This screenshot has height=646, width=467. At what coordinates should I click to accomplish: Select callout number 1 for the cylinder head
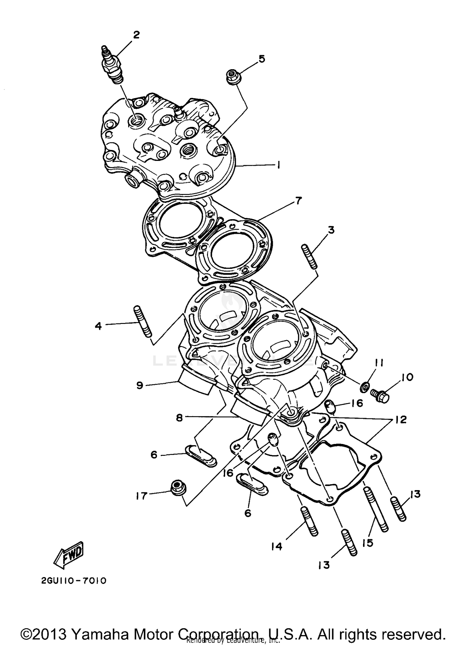tap(278, 165)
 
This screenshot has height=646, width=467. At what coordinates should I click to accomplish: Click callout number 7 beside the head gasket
tap(298, 201)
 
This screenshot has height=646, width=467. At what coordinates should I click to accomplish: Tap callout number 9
tap(139, 386)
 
